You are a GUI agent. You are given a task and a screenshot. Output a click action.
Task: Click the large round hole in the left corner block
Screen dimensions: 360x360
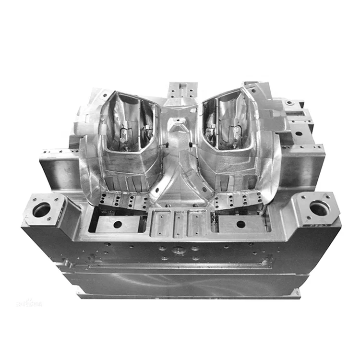pyautogui.click(x=42, y=209)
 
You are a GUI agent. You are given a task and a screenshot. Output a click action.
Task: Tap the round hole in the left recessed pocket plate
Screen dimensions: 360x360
pyautogui.click(x=117, y=224)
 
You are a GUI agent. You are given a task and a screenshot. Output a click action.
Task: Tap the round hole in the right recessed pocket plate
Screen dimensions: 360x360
pyautogui.click(x=240, y=224)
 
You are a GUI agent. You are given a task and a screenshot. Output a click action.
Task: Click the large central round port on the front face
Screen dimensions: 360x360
pyautogui.click(x=179, y=250)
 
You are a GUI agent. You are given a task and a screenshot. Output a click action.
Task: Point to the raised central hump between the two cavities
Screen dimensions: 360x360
pyautogui.click(x=179, y=130)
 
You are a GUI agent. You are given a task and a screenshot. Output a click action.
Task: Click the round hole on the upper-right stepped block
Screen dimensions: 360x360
pyautogui.click(x=290, y=103)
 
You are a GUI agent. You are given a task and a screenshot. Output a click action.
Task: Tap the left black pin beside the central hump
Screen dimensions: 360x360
pyautogui.click(x=166, y=144)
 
